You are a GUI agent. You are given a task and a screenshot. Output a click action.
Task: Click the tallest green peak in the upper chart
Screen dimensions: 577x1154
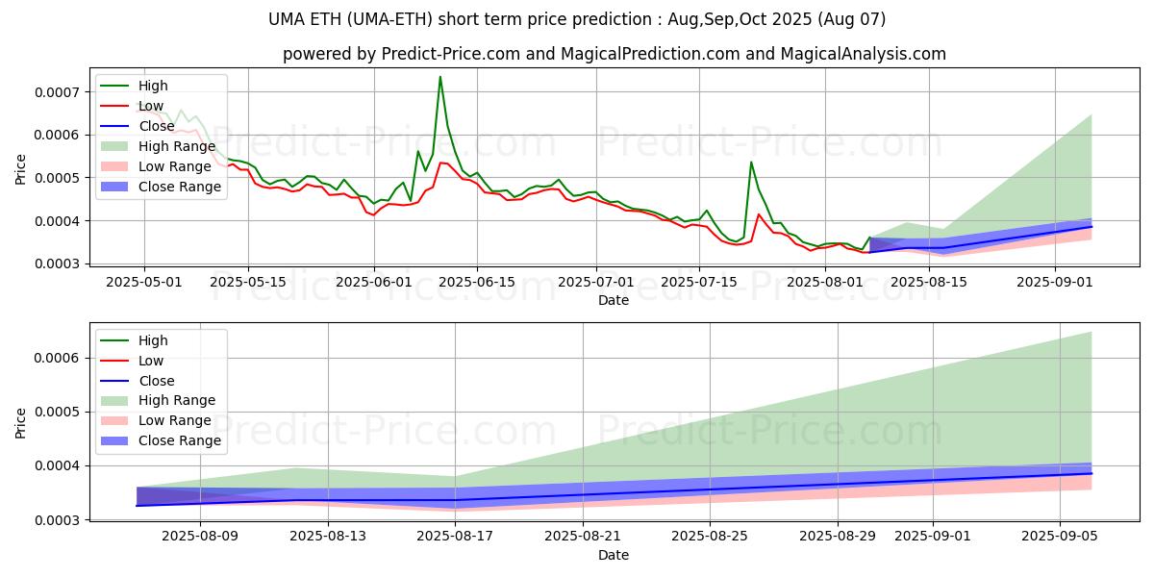pyautogui.click(x=440, y=77)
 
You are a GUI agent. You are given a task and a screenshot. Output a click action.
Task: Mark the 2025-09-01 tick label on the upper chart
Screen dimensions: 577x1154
pyautogui.click(x=1055, y=282)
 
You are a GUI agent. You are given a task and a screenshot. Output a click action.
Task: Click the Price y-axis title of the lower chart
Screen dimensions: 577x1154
pyautogui.click(x=21, y=422)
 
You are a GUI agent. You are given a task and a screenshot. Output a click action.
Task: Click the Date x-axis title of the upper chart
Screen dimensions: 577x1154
pyautogui.click(x=614, y=300)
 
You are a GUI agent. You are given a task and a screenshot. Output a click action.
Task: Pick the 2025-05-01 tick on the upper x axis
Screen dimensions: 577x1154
pyautogui.click(x=144, y=282)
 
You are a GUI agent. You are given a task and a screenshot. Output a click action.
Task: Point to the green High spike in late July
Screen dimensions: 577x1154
pyautogui.click(x=751, y=162)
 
